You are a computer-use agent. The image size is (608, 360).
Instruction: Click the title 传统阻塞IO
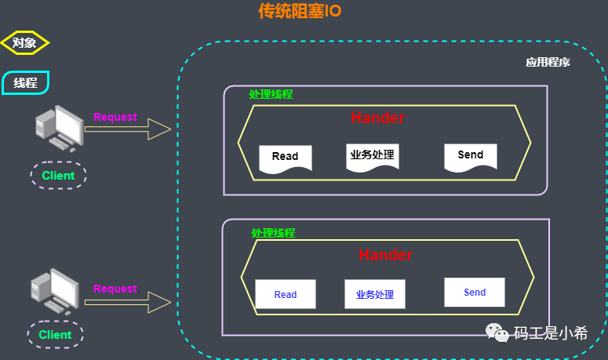click(x=300, y=11)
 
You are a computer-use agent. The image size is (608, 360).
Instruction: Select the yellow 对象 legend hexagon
click(x=24, y=43)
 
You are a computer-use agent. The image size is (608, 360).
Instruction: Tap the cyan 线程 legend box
click(x=26, y=82)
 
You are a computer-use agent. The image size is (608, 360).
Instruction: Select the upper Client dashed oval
click(x=58, y=175)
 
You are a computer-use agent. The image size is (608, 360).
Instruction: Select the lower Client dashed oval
click(x=55, y=335)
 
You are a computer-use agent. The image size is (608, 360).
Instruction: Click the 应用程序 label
click(x=548, y=63)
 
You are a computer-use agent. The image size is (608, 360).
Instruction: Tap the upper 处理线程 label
click(x=271, y=94)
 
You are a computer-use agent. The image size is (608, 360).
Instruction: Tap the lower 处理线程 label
click(x=273, y=233)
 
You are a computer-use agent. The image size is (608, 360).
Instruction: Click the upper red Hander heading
click(x=377, y=118)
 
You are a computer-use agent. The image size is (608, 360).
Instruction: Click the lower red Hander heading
click(x=385, y=255)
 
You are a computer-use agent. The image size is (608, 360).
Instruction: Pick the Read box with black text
click(x=286, y=157)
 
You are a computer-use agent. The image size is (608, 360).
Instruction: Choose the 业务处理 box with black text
click(x=372, y=155)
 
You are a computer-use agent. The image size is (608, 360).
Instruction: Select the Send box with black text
click(x=471, y=155)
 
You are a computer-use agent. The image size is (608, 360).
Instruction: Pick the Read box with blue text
click(x=286, y=294)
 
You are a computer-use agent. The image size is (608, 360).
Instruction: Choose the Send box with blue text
click(x=475, y=292)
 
